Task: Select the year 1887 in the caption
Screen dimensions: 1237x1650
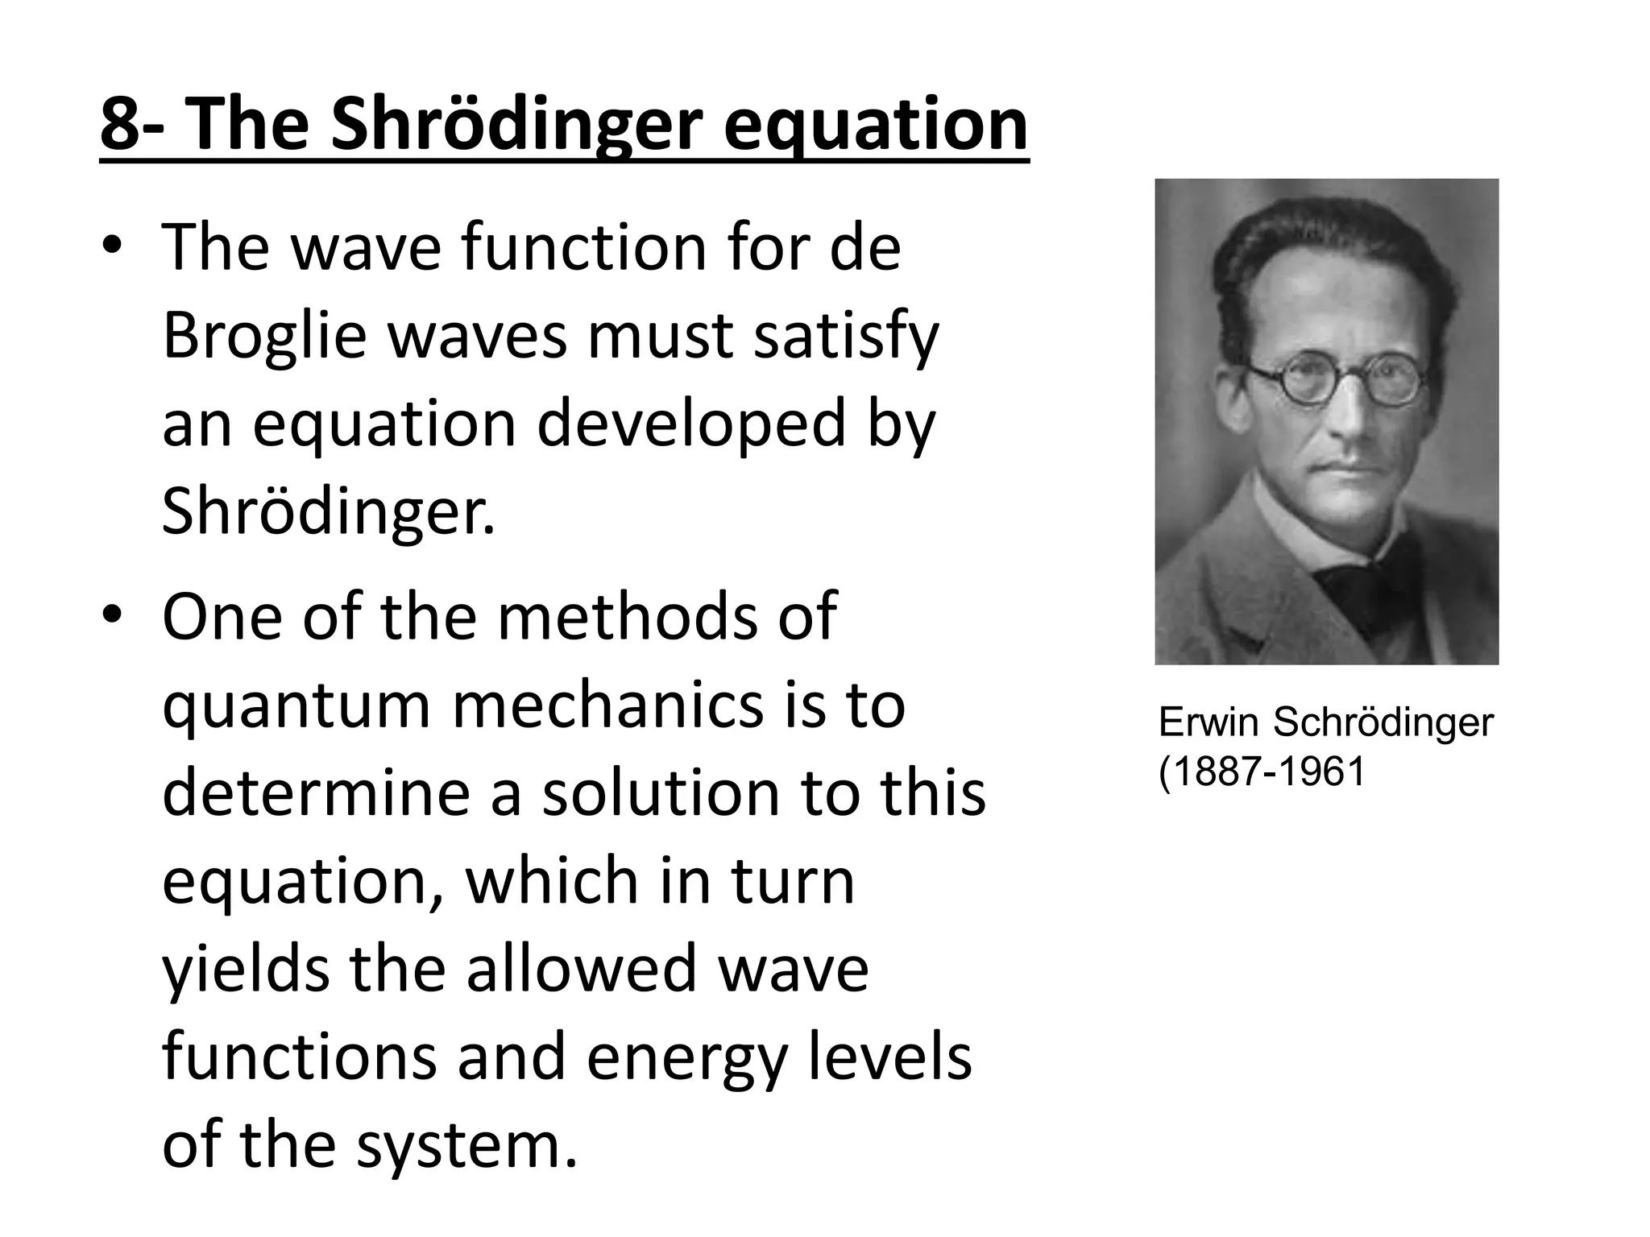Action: (x=1215, y=772)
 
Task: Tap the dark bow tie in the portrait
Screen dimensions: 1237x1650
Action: (x=1362, y=588)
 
